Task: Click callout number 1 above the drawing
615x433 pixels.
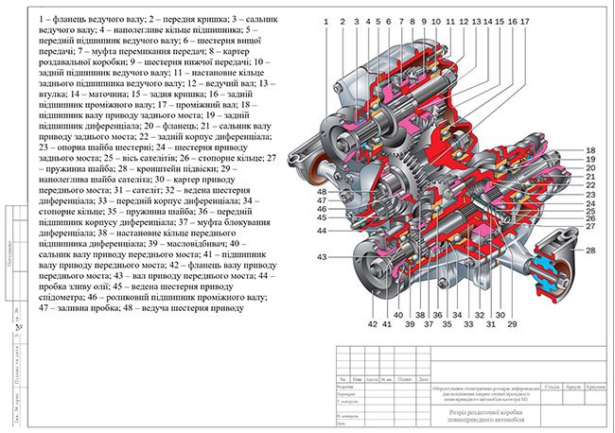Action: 325,20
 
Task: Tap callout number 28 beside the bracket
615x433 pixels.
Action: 589,251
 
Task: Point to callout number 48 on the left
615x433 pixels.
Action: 322,192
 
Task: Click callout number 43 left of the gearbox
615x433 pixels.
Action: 322,257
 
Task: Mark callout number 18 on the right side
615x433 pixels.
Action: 589,151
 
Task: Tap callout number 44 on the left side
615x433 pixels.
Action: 322,230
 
